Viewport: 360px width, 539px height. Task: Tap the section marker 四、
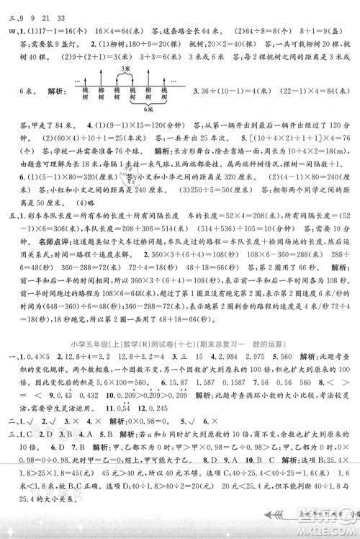(10, 31)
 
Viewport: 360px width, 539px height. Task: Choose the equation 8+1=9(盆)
(310, 31)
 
